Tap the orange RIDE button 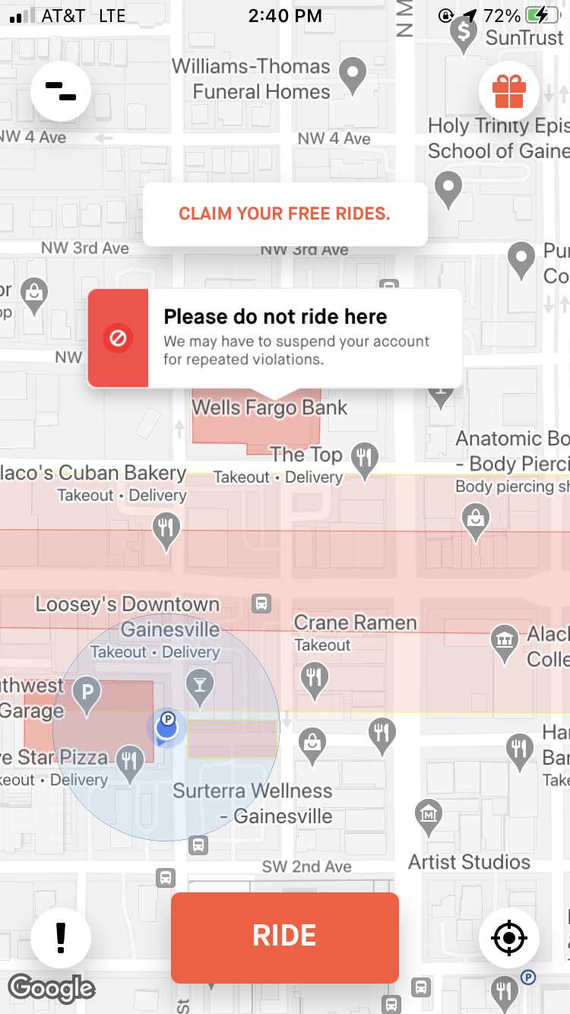[x=285, y=936]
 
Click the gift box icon [x=509, y=92]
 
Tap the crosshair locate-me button [x=508, y=938]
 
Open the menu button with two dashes [x=61, y=92]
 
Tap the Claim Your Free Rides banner [x=285, y=214]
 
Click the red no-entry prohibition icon [x=118, y=338]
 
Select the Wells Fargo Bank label [x=269, y=407]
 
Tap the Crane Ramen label [x=355, y=623]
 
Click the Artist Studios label [x=469, y=862]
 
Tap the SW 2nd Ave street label [x=306, y=867]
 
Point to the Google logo [x=51, y=987]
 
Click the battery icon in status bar [x=545, y=15]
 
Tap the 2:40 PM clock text [x=285, y=15]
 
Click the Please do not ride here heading [x=275, y=317]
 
